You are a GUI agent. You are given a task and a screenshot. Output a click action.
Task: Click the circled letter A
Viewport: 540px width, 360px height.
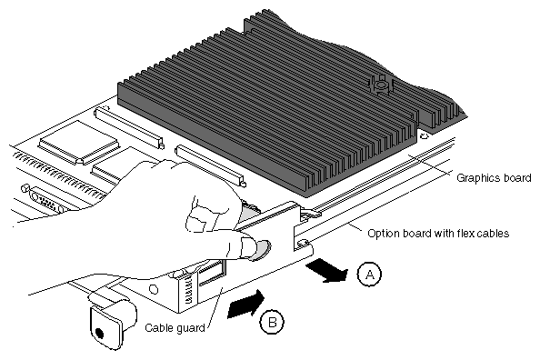tap(369, 275)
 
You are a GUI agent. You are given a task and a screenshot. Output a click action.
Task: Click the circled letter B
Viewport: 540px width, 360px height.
tap(272, 323)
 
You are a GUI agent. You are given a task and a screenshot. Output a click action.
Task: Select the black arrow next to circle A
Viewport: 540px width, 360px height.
tap(327, 271)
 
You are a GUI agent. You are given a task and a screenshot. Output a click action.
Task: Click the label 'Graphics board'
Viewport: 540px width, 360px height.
tap(494, 178)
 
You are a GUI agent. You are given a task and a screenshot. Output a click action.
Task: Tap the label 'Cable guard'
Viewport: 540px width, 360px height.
tap(175, 327)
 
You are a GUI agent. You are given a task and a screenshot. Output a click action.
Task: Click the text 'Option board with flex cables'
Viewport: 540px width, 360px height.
tap(438, 234)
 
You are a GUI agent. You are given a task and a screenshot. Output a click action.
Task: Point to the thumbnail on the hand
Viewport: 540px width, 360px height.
tap(262, 249)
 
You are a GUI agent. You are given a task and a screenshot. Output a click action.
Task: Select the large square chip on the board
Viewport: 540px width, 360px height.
tap(78, 142)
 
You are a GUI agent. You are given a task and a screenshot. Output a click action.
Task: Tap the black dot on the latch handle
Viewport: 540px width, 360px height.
tap(99, 333)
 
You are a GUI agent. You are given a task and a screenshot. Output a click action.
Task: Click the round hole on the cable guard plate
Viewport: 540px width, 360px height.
tap(154, 289)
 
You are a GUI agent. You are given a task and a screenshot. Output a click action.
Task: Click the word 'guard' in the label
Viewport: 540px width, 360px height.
tap(190, 328)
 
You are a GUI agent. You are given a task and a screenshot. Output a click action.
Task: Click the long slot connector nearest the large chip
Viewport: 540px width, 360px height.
tap(129, 128)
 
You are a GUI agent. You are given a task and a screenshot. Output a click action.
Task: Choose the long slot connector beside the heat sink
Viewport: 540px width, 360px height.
tap(210, 166)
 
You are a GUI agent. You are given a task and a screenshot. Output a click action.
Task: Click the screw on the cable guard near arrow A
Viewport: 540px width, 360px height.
tap(303, 244)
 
